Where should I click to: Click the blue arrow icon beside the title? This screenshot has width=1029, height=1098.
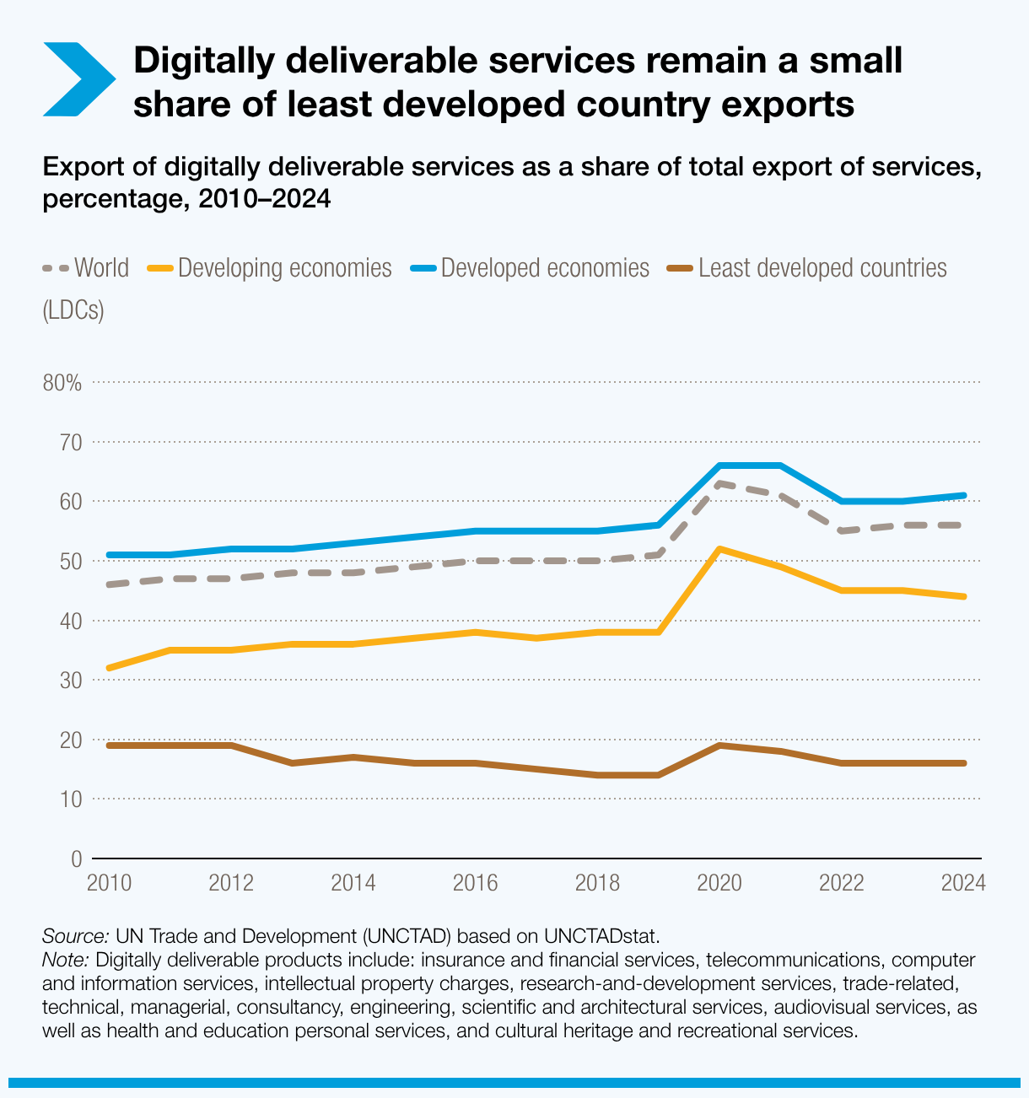point(78,79)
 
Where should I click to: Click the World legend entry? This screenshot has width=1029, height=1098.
point(85,268)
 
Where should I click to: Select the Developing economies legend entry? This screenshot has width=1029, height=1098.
point(270,268)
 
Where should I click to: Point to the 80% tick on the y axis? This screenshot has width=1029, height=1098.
point(62,383)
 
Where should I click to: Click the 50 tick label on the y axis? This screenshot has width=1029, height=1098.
point(70,562)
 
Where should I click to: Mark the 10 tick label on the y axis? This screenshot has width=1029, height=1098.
point(70,799)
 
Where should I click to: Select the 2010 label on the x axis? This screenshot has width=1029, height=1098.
point(109,884)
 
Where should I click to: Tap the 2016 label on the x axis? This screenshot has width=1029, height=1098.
point(475,884)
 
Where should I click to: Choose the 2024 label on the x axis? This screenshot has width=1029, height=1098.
point(963,884)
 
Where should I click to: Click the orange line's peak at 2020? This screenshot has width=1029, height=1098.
point(719,549)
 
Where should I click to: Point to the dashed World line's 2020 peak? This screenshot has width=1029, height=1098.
point(719,484)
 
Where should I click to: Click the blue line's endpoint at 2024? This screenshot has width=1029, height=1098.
point(963,496)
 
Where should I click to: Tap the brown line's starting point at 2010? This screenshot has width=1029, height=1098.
point(109,745)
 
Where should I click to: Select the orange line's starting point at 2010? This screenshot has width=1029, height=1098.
point(109,668)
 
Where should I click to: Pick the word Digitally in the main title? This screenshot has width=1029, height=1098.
point(218,61)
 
